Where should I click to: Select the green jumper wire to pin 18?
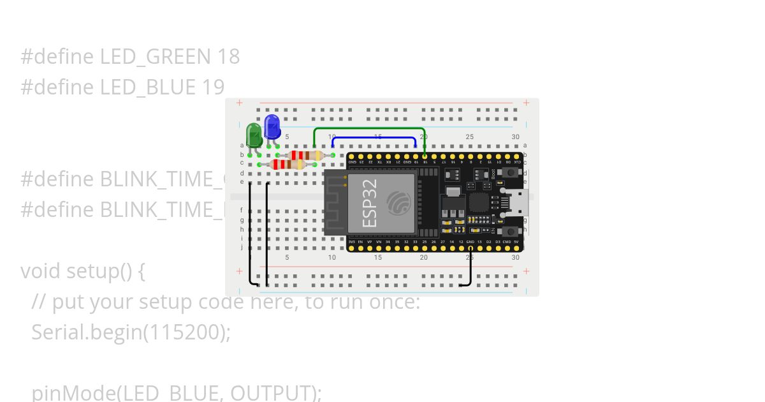tap(370, 128)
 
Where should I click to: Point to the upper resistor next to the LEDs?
tap(305, 155)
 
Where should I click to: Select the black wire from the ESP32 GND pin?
tap(470, 268)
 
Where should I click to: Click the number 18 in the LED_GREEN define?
tap(228, 57)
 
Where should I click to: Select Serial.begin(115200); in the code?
tap(131, 332)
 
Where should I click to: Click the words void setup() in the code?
tap(83, 271)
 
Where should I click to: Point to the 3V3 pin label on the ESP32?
tap(351, 242)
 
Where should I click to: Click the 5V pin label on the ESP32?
tap(516, 242)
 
